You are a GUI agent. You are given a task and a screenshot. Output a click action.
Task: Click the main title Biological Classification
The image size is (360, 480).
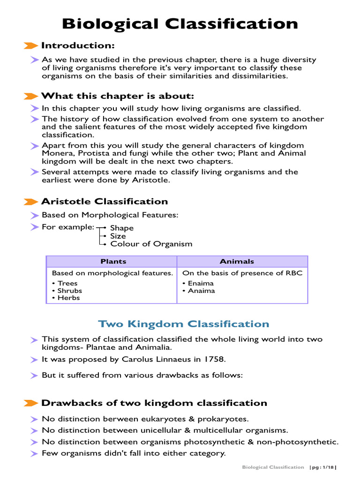180,23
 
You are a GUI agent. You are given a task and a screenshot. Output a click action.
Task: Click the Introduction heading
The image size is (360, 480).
78,45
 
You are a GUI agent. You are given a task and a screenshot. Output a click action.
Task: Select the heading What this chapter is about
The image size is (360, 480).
117,96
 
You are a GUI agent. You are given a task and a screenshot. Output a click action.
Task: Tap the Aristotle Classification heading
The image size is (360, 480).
104,202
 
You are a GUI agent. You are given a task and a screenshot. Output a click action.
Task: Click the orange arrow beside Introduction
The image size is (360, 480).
31,45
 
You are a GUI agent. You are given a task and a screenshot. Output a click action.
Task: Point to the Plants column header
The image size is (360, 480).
113,262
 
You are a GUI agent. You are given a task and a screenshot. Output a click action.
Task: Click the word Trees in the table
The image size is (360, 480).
67,283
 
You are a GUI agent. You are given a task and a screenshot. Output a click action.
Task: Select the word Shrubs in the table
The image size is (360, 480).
69,291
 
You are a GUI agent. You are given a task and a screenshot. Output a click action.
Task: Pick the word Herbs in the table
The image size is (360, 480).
68,298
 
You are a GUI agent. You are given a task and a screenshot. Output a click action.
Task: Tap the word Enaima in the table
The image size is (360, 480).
201,283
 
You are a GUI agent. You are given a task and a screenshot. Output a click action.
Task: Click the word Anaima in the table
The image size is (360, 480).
201,291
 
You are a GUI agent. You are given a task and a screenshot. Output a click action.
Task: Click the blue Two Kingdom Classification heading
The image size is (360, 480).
183,324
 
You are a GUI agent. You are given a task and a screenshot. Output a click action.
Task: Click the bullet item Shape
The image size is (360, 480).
122,228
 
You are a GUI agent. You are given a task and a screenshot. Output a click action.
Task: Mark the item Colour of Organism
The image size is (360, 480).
151,244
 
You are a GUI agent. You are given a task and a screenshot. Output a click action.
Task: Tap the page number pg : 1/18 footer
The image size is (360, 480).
323,467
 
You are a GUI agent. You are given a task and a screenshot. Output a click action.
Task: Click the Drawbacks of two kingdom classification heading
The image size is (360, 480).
154,403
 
